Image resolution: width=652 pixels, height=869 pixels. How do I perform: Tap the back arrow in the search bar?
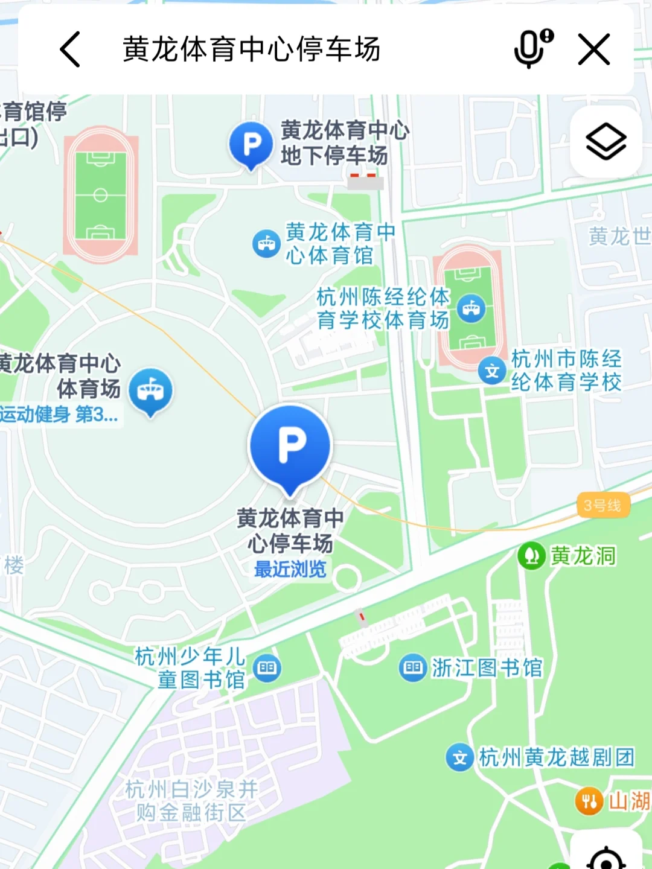(x=71, y=49)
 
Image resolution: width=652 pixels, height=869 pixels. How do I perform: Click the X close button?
(x=594, y=49)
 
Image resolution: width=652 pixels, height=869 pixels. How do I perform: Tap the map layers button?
(x=606, y=142)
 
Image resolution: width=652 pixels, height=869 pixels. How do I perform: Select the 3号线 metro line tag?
(x=602, y=505)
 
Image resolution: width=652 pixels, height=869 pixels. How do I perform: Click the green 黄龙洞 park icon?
(x=532, y=556)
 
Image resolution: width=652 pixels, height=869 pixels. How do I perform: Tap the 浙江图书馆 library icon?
(x=413, y=667)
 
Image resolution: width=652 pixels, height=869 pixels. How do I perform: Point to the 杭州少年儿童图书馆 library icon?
(x=267, y=668)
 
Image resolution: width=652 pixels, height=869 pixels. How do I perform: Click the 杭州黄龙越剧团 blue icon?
(x=460, y=757)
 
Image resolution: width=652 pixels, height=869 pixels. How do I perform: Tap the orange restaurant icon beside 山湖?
(x=589, y=801)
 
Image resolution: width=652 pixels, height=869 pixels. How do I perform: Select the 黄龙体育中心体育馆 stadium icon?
(x=266, y=244)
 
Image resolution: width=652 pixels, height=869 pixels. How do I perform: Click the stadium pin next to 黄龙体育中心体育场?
(x=150, y=391)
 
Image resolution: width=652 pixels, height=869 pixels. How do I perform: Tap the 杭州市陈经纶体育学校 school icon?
(x=492, y=371)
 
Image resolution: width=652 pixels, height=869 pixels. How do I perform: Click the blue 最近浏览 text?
(x=290, y=569)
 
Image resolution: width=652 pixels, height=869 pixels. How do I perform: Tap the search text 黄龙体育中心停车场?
(x=251, y=49)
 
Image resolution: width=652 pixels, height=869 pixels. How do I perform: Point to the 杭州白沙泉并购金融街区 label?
(x=191, y=800)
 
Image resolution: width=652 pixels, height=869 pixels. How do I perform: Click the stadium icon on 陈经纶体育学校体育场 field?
(x=471, y=309)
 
